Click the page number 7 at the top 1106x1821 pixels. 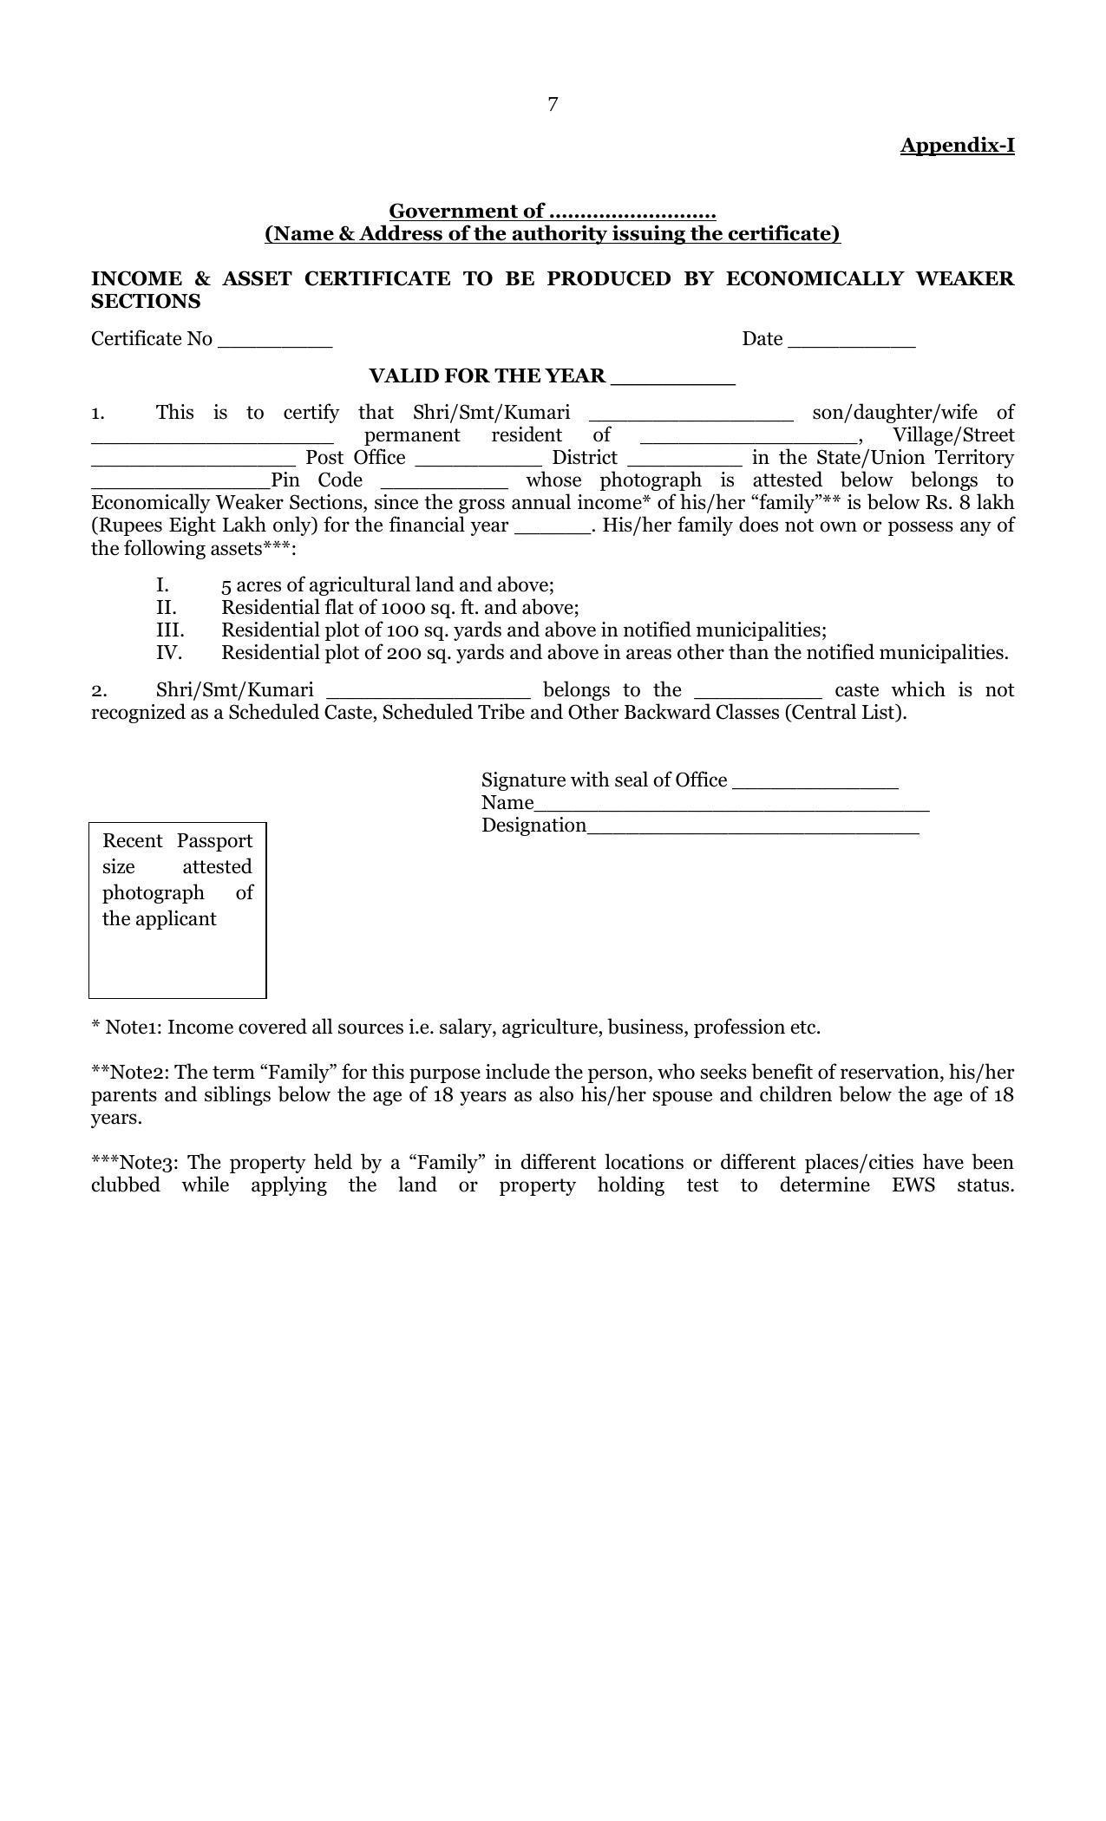tap(553, 105)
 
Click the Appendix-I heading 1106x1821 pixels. tap(957, 145)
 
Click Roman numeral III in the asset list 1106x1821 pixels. tap(170, 630)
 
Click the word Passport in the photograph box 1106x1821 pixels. tap(214, 840)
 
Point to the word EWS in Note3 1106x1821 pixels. tap(913, 1185)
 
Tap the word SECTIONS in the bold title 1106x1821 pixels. tap(146, 301)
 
